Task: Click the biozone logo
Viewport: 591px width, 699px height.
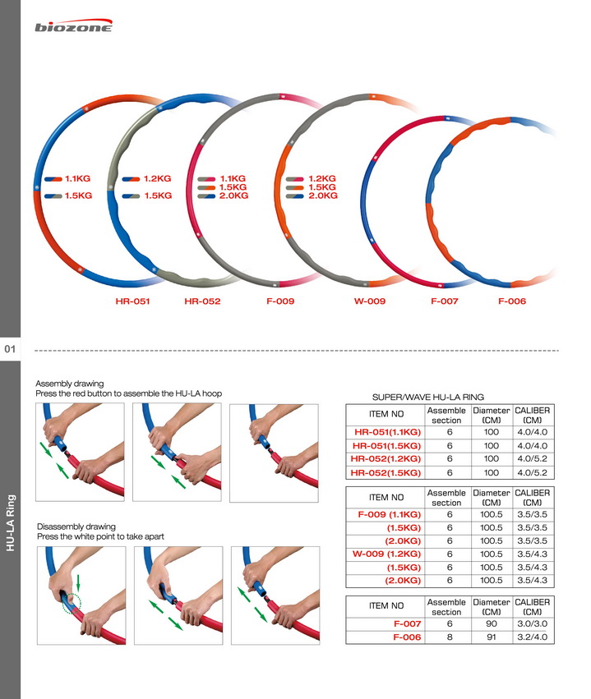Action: pyautogui.click(x=74, y=25)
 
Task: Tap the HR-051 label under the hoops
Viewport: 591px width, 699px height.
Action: pyautogui.click(x=132, y=301)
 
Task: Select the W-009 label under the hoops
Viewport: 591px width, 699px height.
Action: pyautogui.click(x=370, y=301)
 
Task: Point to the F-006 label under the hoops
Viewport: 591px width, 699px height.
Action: pyautogui.click(x=512, y=301)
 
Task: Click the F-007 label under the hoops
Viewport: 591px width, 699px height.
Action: pyautogui.click(x=444, y=301)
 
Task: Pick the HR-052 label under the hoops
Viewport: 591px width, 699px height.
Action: pyautogui.click(x=202, y=301)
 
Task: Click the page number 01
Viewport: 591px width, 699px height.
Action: pyautogui.click(x=10, y=349)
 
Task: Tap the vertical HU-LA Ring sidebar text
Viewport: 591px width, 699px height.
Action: pyautogui.click(x=10, y=522)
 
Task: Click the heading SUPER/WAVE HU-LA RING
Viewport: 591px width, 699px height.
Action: pyautogui.click(x=428, y=398)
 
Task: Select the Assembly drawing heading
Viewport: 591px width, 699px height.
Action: pyautogui.click(x=70, y=384)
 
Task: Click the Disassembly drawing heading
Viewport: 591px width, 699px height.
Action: pyautogui.click(x=76, y=527)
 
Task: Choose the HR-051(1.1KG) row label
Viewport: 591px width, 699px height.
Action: pyautogui.click(x=388, y=432)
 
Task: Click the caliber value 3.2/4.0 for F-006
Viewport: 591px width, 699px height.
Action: pyautogui.click(x=532, y=637)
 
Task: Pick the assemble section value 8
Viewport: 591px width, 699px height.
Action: pyautogui.click(x=450, y=637)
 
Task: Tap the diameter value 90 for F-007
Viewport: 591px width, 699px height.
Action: pyautogui.click(x=491, y=623)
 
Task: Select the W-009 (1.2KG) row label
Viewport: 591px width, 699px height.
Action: pyautogui.click(x=386, y=554)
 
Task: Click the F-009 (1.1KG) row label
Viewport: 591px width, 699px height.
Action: pyautogui.click(x=390, y=514)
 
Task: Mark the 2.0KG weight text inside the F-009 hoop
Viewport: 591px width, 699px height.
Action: pyautogui.click(x=233, y=195)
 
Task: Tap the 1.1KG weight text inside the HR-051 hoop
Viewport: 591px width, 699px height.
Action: pyautogui.click(x=77, y=179)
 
